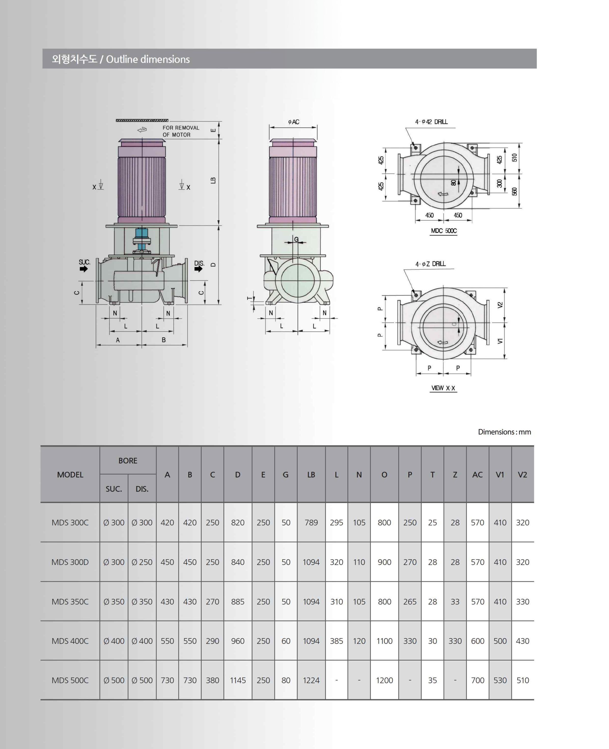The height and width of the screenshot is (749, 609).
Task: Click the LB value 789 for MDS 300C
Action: coord(311,523)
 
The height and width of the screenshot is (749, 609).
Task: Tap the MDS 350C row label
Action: coord(70,602)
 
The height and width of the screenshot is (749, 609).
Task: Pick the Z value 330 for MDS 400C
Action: coord(455,641)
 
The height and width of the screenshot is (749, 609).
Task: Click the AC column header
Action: coord(477,475)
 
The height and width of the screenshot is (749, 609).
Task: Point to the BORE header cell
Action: coord(128,461)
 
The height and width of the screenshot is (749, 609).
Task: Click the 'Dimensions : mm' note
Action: coord(504,432)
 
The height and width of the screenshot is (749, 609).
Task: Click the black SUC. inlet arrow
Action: coord(83,269)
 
